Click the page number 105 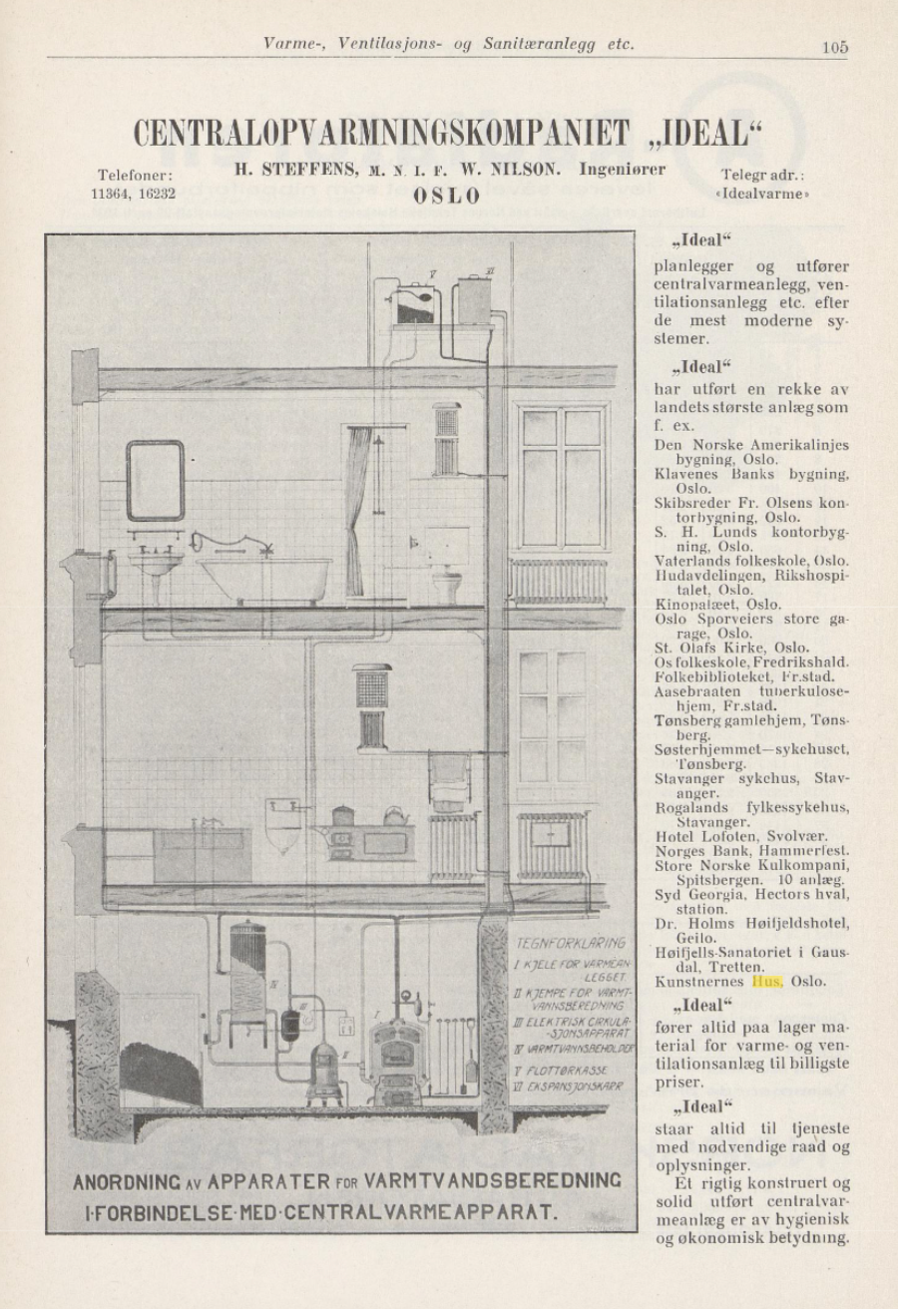(834, 45)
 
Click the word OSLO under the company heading (446, 196)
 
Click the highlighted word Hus (767, 981)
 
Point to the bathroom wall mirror (155, 481)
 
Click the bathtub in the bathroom (263, 577)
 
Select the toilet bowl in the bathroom (446, 584)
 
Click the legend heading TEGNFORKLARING (571, 942)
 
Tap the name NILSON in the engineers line (530, 171)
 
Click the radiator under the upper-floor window (558, 581)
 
